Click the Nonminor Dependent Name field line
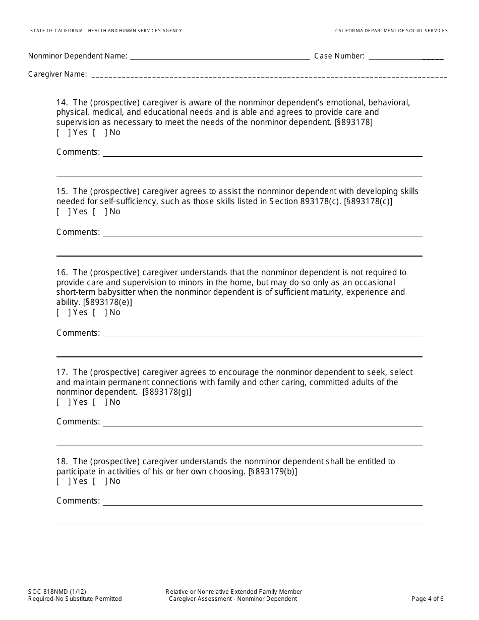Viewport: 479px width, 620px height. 220,56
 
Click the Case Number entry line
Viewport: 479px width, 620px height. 406,56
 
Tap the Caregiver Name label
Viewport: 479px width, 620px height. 57,74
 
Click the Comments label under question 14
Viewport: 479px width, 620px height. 78,152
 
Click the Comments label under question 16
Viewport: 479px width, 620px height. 78,333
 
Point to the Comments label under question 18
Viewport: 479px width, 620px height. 78,501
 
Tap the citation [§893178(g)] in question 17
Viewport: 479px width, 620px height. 167,392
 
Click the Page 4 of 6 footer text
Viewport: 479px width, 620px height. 428,599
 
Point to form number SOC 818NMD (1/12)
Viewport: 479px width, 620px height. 53,592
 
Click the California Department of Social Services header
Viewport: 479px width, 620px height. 391,31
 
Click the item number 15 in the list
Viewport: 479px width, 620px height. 62,192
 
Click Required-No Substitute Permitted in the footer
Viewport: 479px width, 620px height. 75,599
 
